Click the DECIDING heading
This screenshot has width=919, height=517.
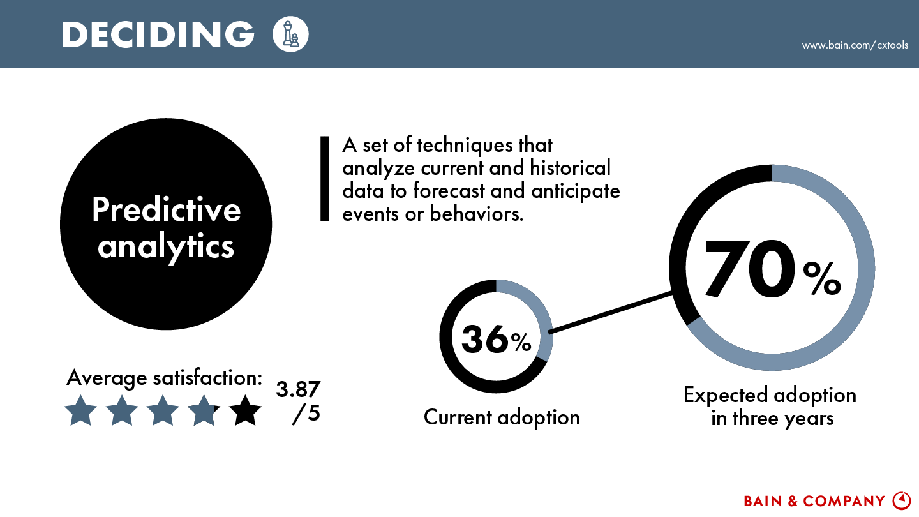[x=158, y=34]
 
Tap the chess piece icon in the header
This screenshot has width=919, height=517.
[x=290, y=34]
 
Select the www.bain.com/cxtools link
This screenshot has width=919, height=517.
[x=855, y=45]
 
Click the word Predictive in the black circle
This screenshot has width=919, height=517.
[x=166, y=209]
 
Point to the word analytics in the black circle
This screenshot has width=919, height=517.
[x=166, y=248]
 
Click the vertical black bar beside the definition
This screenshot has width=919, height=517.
[x=324, y=179]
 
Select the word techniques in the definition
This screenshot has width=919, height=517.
[x=465, y=146]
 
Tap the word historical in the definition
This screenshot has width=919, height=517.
[x=571, y=169]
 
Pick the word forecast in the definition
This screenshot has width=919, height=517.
[x=449, y=191]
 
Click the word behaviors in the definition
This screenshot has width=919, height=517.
[x=476, y=214]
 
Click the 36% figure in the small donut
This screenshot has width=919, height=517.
[x=496, y=339]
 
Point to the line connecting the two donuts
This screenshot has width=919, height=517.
[x=611, y=312]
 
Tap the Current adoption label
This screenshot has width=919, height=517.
[x=502, y=417]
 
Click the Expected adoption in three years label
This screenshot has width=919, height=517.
[x=770, y=407]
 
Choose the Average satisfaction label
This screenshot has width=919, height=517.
[x=164, y=378]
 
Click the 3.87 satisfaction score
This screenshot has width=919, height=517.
[x=298, y=389]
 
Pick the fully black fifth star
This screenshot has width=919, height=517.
[x=245, y=411]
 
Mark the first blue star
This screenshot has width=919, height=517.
[x=81, y=411]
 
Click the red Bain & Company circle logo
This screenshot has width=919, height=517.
[x=902, y=500]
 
